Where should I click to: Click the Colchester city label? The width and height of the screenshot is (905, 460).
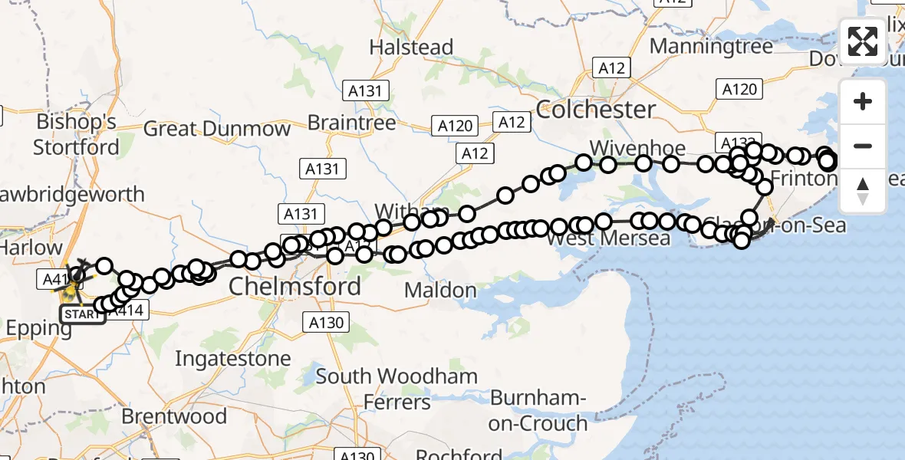point(596,109)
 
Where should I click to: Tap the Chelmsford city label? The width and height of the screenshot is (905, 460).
point(295,287)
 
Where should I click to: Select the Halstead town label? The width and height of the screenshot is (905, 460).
point(411,48)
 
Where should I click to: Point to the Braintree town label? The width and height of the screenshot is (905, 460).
point(351,123)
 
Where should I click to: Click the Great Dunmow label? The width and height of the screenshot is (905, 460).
point(217,128)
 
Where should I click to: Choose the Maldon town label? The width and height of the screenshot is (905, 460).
point(440,291)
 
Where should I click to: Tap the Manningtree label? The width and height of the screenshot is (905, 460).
point(711,47)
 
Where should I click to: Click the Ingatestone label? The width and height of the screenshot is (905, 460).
point(233,359)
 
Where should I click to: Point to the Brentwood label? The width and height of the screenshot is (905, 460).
point(174,416)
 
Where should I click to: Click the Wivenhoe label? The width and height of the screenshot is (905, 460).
point(627,147)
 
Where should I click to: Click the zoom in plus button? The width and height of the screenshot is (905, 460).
point(863,102)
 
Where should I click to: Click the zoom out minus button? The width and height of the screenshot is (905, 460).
point(863,146)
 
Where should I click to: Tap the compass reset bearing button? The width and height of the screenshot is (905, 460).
point(863,190)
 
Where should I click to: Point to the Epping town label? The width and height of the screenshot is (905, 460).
point(38,329)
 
